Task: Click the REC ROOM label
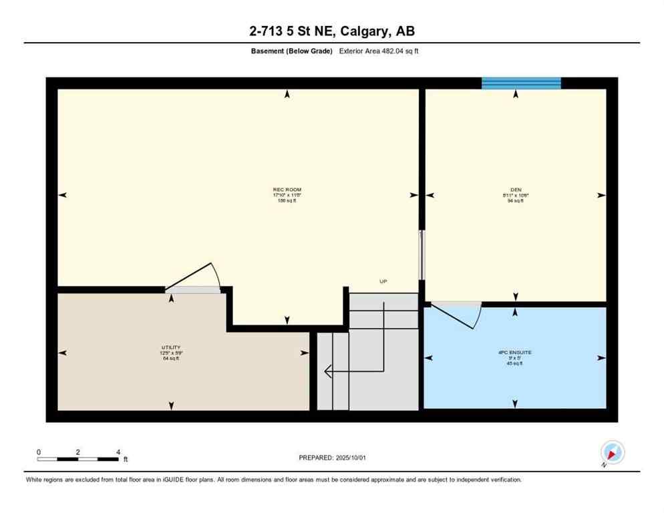click(x=287, y=190)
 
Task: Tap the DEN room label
click(x=515, y=190)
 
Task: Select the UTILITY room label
click(x=171, y=347)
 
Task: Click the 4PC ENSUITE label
click(x=514, y=352)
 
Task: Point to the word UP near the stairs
click(x=383, y=282)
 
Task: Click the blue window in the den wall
click(x=521, y=83)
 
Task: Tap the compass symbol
click(x=612, y=452)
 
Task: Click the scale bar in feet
click(x=79, y=459)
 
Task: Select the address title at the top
click(x=332, y=31)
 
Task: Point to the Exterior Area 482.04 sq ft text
click(x=379, y=51)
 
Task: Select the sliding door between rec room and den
click(x=421, y=255)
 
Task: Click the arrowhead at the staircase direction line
click(x=328, y=371)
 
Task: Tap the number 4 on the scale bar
click(x=118, y=452)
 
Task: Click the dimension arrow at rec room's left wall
click(x=63, y=195)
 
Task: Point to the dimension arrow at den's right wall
click(x=601, y=195)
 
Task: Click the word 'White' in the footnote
click(x=35, y=480)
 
